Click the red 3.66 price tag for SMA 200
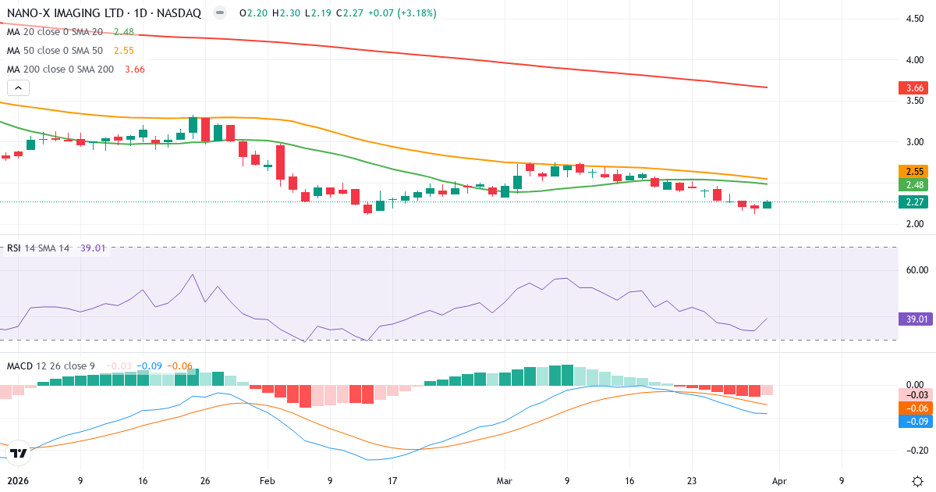pos(912,88)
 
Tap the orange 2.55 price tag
pos(912,171)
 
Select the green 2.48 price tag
pos(912,185)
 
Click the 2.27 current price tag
pos(912,202)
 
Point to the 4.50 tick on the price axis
pos(913,19)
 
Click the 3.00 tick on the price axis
pos(913,142)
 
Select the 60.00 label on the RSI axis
pos(914,270)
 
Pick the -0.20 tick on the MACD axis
pos(914,451)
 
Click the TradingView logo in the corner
pos(18,452)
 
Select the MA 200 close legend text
pos(60,70)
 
